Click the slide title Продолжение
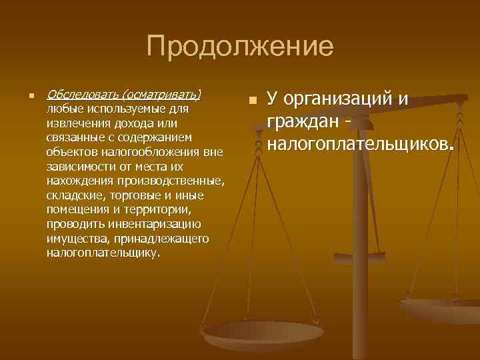(239, 47)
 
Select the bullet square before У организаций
(251, 101)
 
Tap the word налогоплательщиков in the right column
(358, 143)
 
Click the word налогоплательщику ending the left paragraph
(103, 253)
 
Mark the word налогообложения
(137, 152)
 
